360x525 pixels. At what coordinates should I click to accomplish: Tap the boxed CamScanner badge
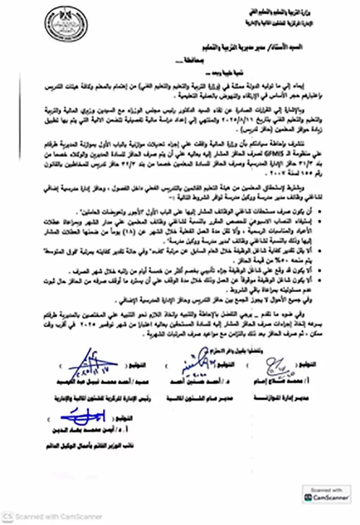(x=326, y=494)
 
